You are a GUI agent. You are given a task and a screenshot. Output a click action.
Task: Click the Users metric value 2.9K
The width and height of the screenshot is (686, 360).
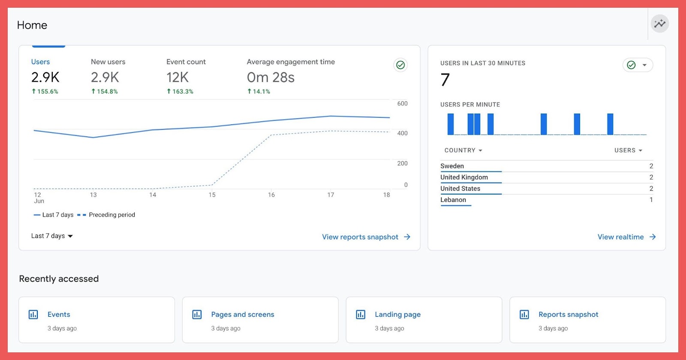(x=45, y=78)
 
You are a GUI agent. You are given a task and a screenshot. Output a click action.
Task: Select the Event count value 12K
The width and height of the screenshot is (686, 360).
(x=178, y=78)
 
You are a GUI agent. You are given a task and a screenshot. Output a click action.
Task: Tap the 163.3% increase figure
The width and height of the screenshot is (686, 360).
(x=180, y=91)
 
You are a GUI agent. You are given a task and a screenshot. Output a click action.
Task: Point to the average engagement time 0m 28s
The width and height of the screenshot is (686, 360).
(x=271, y=78)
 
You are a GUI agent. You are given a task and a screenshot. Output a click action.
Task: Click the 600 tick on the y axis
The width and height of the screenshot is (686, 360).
(x=402, y=104)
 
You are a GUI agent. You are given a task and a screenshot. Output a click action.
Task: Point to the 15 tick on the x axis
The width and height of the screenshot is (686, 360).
(x=212, y=195)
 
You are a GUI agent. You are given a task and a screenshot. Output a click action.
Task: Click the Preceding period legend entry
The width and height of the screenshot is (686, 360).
(x=111, y=215)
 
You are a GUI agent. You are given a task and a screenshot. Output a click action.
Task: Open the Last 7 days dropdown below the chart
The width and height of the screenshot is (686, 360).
(x=52, y=236)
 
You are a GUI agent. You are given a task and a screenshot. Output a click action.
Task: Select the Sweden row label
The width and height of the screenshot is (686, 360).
(x=452, y=166)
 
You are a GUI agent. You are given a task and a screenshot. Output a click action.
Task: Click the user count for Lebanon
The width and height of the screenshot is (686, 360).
(x=651, y=200)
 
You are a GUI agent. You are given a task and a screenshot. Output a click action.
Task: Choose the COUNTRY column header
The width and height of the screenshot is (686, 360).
(x=463, y=150)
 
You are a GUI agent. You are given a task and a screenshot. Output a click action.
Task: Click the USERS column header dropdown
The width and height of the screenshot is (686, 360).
(x=628, y=150)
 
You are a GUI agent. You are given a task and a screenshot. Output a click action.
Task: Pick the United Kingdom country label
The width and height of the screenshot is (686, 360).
(x=464, y=177)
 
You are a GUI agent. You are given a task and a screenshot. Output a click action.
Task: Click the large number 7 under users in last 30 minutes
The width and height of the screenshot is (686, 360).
(x=445, y=80)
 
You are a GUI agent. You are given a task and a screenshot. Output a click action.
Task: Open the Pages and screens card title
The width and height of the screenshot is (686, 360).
(x=242, y=315)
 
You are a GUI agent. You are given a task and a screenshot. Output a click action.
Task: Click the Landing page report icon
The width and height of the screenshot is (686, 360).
(x=361, y=315)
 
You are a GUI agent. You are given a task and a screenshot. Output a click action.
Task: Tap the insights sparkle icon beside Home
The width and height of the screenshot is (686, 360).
(x=659, y=24)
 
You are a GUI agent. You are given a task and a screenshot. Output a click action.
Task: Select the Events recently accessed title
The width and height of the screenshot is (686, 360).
(x=59, y=315)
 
